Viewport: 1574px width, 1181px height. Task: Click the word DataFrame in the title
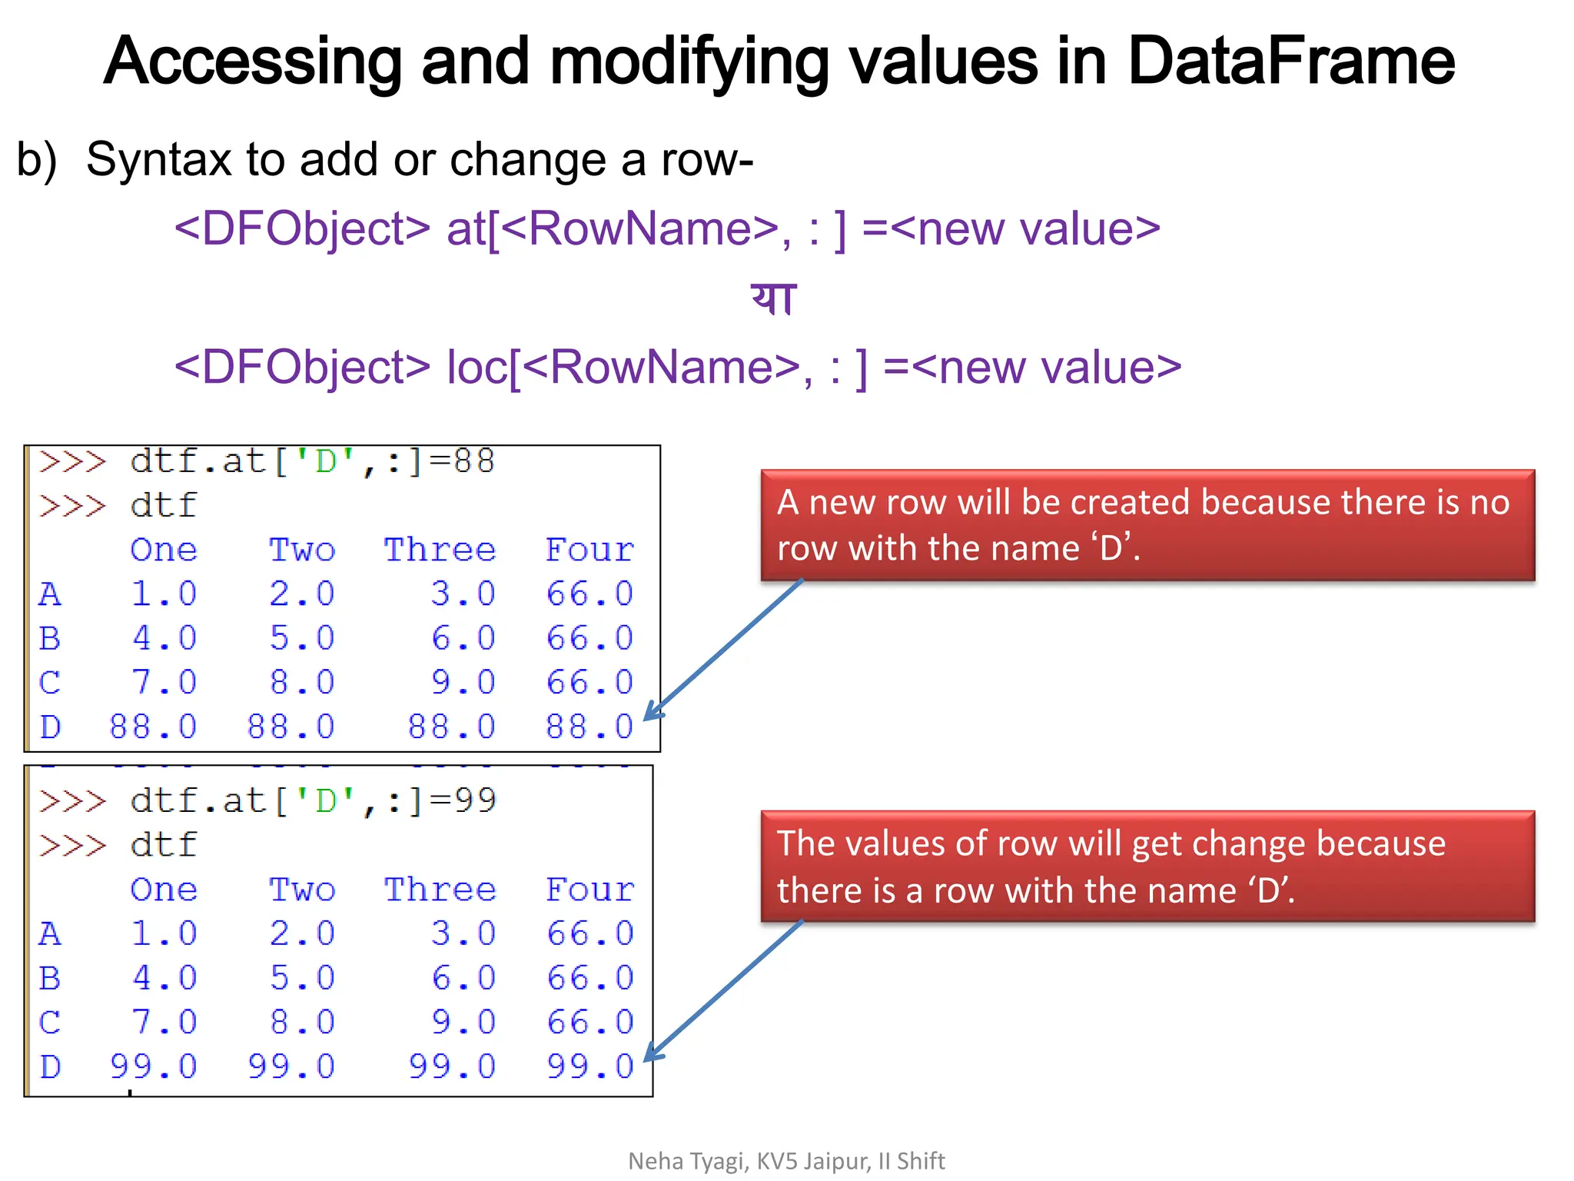coord(1290,62)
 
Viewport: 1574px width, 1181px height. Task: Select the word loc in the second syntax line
coord(477,367)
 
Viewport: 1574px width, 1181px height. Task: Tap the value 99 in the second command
coord(475,800)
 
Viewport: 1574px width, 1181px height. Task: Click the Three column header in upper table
coord(440,550)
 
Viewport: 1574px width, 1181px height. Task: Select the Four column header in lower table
coord(589,890)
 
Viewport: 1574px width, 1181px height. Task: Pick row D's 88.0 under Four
coord(589,727)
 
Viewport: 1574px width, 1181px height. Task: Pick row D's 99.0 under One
coord(154,1066)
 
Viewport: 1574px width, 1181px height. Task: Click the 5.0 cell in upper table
coord(302,638)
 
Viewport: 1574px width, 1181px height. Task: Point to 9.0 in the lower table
coord(463,1022)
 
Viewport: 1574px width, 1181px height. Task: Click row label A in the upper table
coord(50,594)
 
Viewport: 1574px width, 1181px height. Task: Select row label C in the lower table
coord(50,1023)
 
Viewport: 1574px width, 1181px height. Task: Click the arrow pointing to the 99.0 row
coord(722,990)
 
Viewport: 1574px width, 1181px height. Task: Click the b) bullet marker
coord(37,160)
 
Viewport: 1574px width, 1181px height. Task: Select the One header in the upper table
coord(164,550)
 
